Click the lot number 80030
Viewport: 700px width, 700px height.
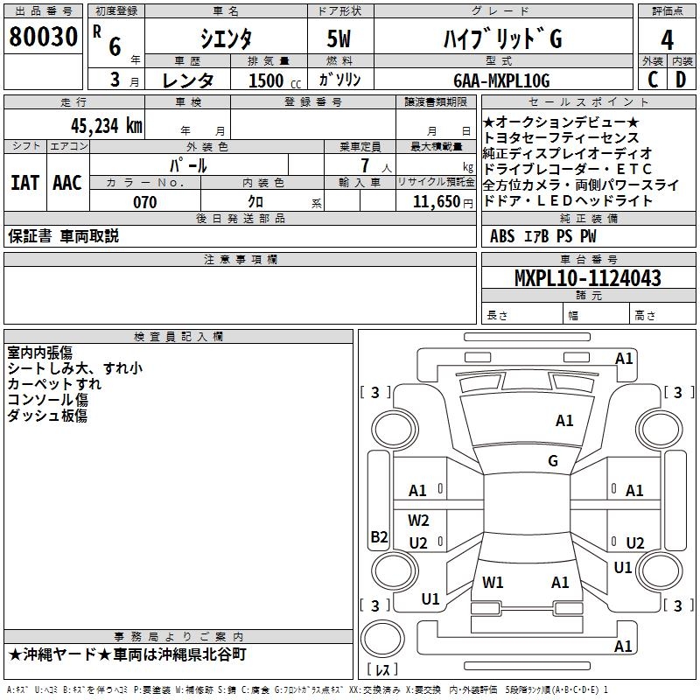point(43,37)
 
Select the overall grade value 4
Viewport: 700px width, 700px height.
point(667,40)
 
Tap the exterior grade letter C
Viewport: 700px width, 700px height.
point(653,80)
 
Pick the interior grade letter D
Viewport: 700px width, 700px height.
point(681,80)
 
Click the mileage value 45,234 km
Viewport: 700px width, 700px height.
point(106,126)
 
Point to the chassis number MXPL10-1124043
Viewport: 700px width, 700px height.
point(587,277)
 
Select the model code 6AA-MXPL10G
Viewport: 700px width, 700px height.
point(501,80)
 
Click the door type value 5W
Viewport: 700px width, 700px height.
point(339,38)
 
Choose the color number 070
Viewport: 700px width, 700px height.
point(144,202)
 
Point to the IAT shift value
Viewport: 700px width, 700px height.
point(25,183)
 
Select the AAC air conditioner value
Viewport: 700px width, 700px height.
point(67,183)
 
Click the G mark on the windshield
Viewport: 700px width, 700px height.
point(553,461)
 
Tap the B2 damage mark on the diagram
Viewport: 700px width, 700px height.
point(379,536)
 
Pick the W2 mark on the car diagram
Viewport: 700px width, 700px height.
point(418,521)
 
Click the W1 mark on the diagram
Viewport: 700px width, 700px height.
point(493,583)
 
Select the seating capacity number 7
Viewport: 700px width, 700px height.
point(365,165)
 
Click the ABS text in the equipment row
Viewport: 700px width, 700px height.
point(502,236)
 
